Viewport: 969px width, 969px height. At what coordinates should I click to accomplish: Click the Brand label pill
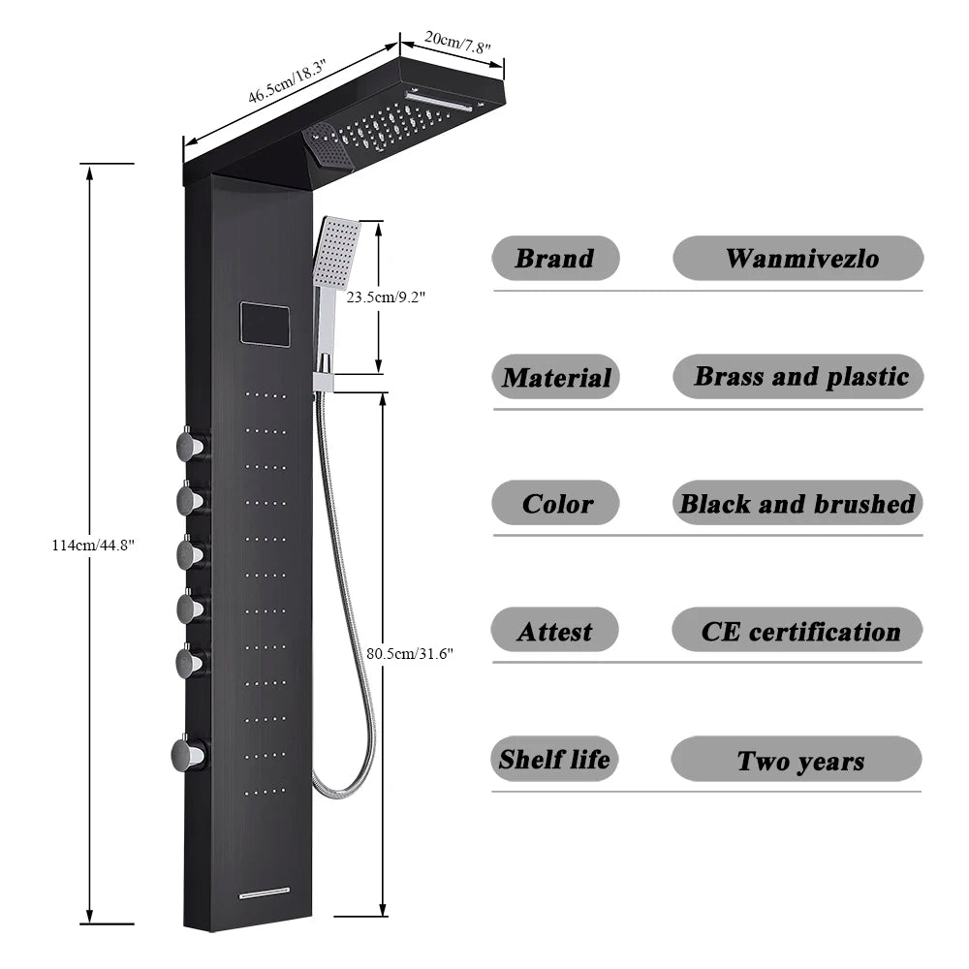tap(554, 259)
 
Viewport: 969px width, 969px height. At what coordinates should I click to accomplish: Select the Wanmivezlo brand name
tap(797, 259)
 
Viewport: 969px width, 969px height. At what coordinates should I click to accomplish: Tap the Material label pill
tap(555, 377)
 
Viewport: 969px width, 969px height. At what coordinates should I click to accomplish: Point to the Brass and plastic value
tap(797, 376)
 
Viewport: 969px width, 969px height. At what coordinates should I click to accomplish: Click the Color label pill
tap(555, 504)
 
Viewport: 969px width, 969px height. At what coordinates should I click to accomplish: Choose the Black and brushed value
tap(797, 504)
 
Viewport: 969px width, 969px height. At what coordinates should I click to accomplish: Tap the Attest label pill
tap(554, 632)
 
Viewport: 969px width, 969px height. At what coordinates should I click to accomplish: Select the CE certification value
tap(797, 632)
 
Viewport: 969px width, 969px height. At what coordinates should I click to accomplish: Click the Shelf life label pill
tap(554, 759)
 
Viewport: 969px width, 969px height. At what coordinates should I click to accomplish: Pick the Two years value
tap(797, 761)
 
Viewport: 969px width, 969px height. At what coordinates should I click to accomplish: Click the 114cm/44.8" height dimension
tap(93, 545)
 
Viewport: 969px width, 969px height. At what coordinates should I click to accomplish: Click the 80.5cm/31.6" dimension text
tap(410, 653)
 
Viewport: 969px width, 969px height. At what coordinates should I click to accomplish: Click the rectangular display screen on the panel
tap(265, 325)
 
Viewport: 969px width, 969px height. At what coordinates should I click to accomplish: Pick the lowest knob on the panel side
tap(187, 752)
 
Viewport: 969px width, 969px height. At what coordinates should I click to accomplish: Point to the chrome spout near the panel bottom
tap(264, 891)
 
